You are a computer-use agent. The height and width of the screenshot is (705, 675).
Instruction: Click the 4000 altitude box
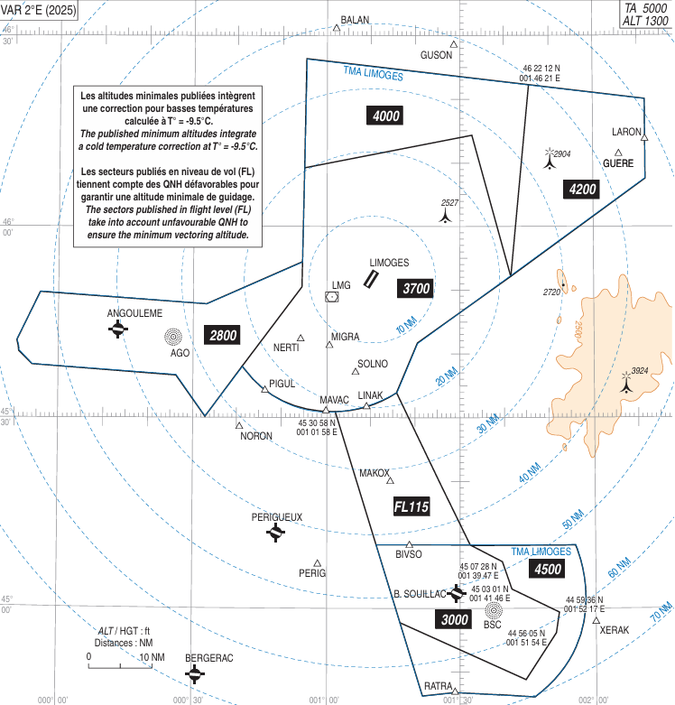[x=385, y=116]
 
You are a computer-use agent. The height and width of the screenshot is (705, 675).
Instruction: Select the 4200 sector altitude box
[x=582, y=190]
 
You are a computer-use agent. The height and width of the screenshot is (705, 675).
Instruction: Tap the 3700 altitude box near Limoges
[x=416, y=288]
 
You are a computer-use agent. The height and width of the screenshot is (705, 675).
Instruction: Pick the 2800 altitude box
[x=223, y=336]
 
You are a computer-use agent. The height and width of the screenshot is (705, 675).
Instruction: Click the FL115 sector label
[x=411, y=506]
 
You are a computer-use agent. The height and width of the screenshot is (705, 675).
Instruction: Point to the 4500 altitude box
[x=548, y=570]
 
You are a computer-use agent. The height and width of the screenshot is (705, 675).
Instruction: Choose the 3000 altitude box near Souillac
[x=454, y=619]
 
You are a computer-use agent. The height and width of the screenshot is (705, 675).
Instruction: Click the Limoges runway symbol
[x=371, y=279]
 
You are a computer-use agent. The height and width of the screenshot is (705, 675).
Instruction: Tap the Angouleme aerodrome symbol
[x=117, y=329]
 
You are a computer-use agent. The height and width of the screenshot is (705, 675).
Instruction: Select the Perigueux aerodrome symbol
[x=275, y=533]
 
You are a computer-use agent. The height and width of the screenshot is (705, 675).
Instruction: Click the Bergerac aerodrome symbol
[x=195, y=674]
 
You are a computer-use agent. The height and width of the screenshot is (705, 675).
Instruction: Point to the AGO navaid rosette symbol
[x=173, y=337]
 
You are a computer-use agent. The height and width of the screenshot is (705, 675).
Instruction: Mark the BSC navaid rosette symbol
[x=494, y=610]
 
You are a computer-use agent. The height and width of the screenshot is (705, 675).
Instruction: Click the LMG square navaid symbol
[x=332, y=297]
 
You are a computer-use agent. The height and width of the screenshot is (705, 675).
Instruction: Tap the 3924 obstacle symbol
[x=626, y=382]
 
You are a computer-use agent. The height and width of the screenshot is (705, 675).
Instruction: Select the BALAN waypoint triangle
[x=337, y=28]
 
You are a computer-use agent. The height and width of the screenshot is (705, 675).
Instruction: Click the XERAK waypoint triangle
[x=596, y=620]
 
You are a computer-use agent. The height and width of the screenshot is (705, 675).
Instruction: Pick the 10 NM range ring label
[x=406, y=326]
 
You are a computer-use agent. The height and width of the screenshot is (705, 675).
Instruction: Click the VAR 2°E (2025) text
[x=39, y=10]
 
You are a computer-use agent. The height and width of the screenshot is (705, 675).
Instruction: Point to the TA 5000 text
[x=646, y=8]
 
